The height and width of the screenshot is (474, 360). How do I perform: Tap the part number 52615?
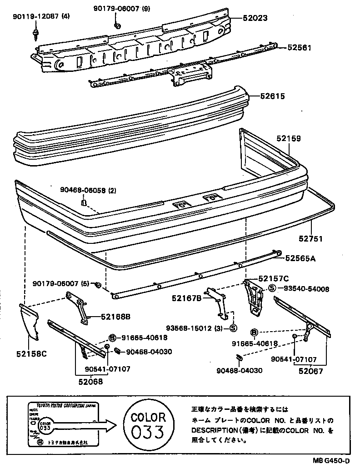pyautogui.click(x=273, y=96)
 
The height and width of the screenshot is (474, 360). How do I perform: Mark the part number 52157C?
pyautogui.click(x=274, y=278)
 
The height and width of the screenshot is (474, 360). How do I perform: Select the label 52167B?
pyautogui.click(x=187, y=298)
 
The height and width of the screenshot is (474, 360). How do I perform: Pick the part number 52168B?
pyautogui.click(x=115, y=317)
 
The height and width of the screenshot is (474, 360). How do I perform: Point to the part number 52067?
pyautogui.click(x=310, y=371)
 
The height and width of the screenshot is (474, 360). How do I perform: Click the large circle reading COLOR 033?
pyautogui.click(x=148, y=424)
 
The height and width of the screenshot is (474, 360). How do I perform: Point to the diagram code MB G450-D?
pyautogui.click(x=331, y=460)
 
